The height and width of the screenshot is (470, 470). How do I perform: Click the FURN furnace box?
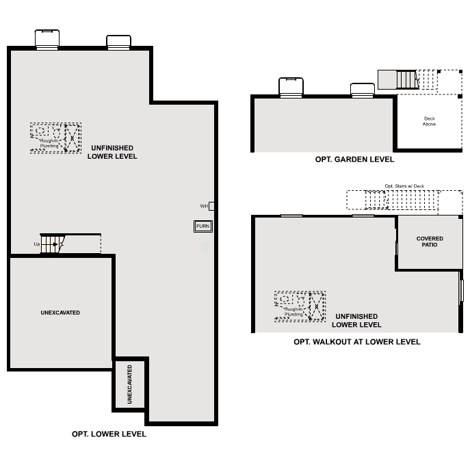pyautogui.click(x=203, y=226)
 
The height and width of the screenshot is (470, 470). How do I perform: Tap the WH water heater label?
pyautogui.click(x=204, y=206)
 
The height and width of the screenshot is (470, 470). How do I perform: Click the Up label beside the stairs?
pyautogui.click(x=37, y=244)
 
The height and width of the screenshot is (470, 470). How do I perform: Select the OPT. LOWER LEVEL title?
pyautogui.click(x=109, y=434)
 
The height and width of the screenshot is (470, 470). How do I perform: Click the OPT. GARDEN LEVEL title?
pyautogui.click(x=354, y=159)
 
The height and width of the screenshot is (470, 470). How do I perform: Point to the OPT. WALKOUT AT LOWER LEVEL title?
pyautogui.click(x=357, y=341)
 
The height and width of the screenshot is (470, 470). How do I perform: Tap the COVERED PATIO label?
pyautogui.click(x=430, y=241)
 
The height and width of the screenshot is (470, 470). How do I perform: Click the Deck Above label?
pyautogui.click(x=429, y=121)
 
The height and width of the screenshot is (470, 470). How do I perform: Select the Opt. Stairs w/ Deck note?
pyautogui.click(x=404, y=186)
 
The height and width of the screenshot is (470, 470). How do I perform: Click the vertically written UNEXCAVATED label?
pyautogui.click(x=130, y=384)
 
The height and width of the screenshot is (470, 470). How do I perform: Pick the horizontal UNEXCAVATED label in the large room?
pyautogui.click(x=60, y=313)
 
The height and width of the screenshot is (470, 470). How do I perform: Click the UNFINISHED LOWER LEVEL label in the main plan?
pyautogui.click(x=112, y=152)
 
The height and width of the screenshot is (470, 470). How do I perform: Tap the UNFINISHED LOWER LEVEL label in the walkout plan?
pyautogui.click(x=356, y=320)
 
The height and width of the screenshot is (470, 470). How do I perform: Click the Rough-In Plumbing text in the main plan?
pyautogui.click(x=49, y=143)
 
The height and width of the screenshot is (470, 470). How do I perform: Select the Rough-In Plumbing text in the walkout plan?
pyautogui.click(x=293, y=312)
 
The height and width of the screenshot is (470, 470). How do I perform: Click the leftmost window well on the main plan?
pyautogui.click(x=47, y=39)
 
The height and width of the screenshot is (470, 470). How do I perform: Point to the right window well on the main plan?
pyautogui.click(x=119, y=42)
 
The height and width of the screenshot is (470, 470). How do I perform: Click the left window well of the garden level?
pyautogui.click(x=291, y=88)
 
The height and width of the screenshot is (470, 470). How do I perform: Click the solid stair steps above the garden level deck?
pyautogui.click(x=407, y=79)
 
